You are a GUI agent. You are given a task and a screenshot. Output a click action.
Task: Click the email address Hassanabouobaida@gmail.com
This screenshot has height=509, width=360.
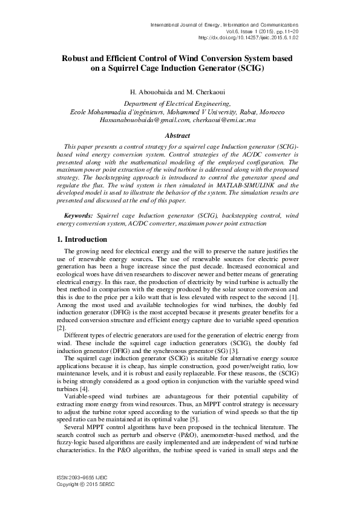138,120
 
